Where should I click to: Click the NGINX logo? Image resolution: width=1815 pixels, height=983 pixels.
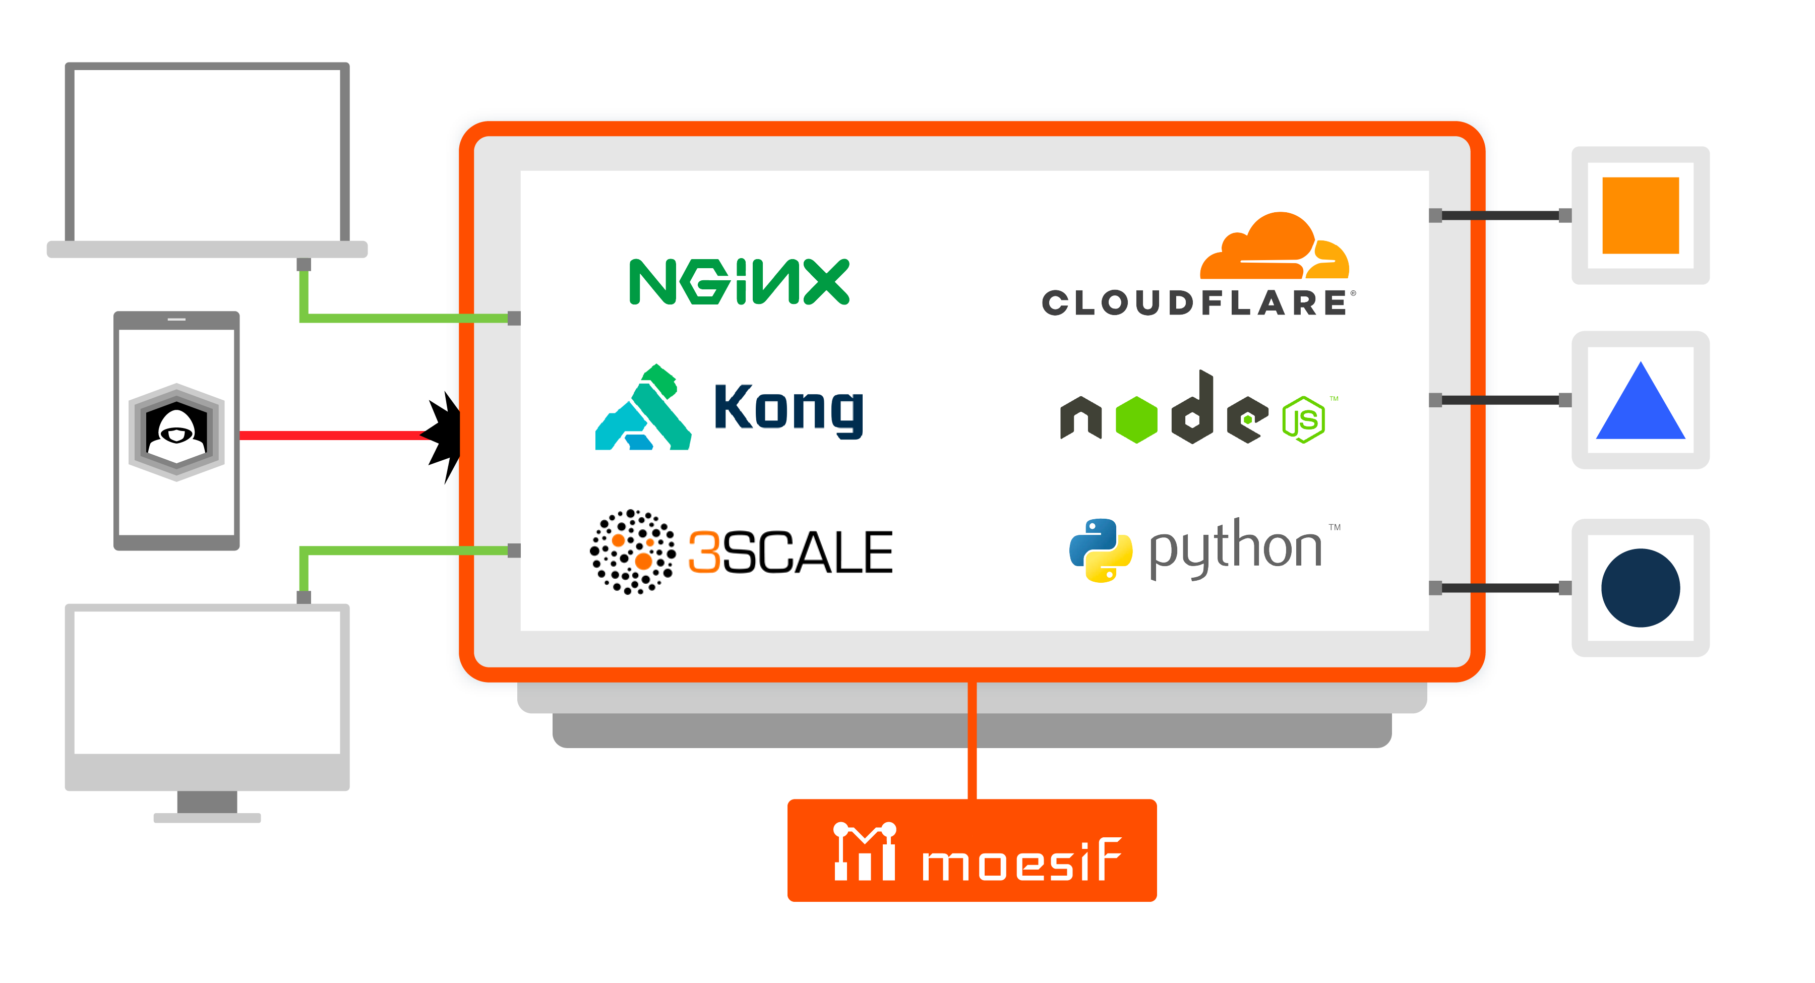[x=739, y=282]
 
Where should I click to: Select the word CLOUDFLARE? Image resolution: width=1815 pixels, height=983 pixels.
[x=1195, y=303]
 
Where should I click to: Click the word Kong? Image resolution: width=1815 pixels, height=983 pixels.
[x=789, y=409]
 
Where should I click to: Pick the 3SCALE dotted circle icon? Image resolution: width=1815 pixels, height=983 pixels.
[x=632, y=552]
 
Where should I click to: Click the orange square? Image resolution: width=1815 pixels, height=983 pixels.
[x=1640, y=216]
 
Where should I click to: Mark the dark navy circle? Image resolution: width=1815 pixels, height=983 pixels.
[x=1640, y=588]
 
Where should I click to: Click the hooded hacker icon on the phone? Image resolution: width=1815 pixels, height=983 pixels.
[x=176, y=431]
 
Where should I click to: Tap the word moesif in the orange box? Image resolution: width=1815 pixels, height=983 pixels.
[x=1021, y=861]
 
